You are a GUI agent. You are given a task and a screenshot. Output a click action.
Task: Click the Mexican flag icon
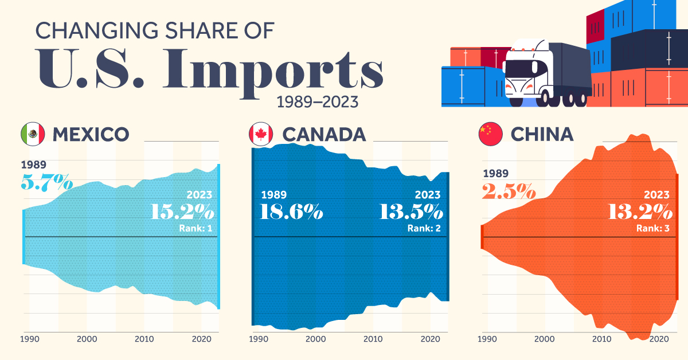tap(32, 134)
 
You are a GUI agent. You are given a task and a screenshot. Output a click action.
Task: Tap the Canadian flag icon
tap(261, 134)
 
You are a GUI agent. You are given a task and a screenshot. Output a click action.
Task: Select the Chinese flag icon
tap(491, 134)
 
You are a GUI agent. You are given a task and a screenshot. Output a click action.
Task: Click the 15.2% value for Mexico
tap(183, 212)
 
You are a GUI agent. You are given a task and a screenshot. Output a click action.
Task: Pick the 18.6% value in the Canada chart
tap(291, 212)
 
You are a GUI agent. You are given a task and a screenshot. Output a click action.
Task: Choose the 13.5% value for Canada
tap(411, 212)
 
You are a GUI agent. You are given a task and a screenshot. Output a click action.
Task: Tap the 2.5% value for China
tap(509, 190)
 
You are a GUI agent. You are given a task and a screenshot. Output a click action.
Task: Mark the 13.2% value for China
tap(640, 212)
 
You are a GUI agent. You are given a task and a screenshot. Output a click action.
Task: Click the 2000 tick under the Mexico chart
tap(87, 339)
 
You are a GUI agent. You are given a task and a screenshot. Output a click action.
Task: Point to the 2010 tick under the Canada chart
tap(373, 339)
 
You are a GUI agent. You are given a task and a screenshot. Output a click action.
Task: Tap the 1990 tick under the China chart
tap(487, 339)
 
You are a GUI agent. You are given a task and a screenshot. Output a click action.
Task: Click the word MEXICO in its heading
tap(91, 134)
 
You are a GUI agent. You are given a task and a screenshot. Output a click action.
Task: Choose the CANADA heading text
tap(324, 134)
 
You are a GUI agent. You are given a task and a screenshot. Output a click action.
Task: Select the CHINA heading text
tap(542, 134)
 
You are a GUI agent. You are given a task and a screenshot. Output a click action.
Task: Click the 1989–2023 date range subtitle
tap(317, 102)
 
